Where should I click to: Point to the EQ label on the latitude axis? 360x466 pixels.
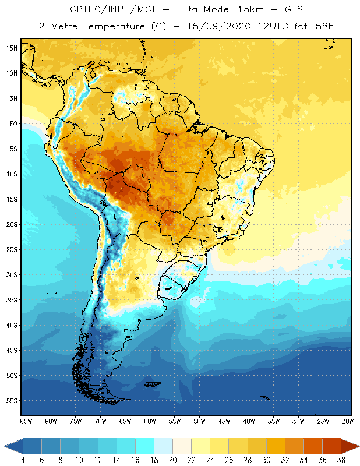13,124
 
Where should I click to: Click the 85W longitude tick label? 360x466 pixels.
26,421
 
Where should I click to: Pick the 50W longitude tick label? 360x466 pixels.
200,421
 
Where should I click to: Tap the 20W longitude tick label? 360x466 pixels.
348,421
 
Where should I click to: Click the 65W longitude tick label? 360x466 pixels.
125,421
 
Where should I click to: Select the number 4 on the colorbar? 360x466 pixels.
23,460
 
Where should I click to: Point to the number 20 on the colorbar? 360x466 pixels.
173,460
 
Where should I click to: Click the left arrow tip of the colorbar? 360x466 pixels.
5,446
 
